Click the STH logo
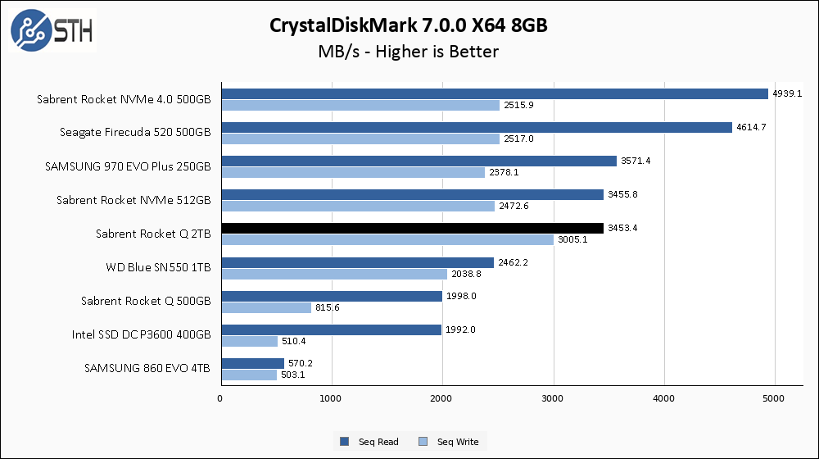click(51, 30)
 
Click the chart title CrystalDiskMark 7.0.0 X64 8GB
click(409, 25)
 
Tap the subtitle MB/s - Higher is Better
click(409, 52)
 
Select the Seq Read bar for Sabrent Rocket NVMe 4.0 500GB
click(495, 93)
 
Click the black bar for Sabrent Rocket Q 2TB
click(412, 228)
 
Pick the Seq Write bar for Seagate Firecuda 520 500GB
click(360, 139)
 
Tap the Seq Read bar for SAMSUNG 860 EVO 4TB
click(252, 363)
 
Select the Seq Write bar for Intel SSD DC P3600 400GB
click(250, 341)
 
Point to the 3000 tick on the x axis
click(554, 398)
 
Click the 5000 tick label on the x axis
click(775, 398)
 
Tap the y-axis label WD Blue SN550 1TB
click(158, 267)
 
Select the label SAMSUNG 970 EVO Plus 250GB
click(127, 166)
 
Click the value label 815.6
click(328, 307)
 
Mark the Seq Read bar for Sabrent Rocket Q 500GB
click(332, 296)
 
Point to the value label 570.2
click(301, 363)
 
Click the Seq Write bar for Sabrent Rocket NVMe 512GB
click(358, 206)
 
